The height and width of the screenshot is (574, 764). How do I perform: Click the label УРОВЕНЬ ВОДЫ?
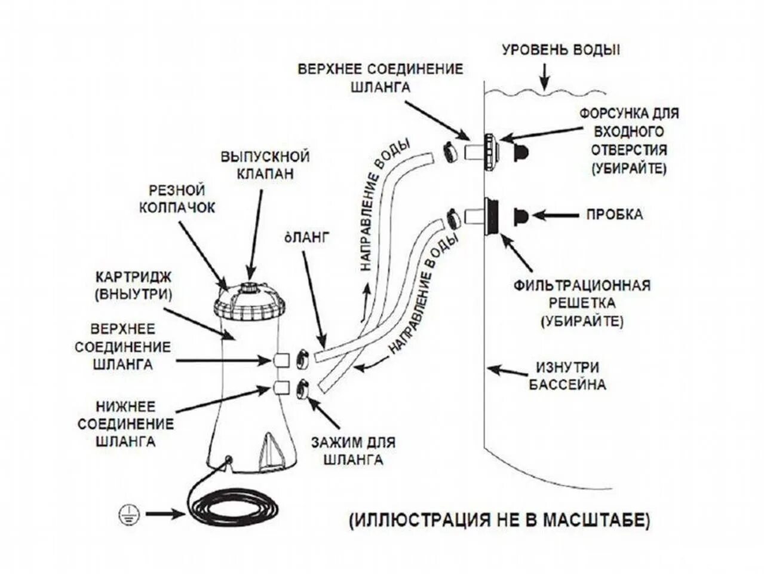[560, 50]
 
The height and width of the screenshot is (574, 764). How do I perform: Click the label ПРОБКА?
[614, 214]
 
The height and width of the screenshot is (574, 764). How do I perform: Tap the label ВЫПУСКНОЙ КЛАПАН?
[265, 165]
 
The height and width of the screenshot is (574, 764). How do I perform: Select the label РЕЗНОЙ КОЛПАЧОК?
[177, 199]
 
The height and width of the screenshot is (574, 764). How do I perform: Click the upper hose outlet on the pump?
[281, 360]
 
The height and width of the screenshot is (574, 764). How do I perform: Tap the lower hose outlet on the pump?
[281, 387]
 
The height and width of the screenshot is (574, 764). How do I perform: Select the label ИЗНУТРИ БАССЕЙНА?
[567, 375]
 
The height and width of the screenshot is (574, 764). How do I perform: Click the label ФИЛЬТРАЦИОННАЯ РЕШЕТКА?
[582, 302]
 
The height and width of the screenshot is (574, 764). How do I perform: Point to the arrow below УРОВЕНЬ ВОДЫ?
[544, 77]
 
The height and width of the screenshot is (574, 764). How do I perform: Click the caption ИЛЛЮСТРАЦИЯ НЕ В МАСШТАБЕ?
[499, 520]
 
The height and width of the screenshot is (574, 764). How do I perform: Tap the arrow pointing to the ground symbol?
[165, 513]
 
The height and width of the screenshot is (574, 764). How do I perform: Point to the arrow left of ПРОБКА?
[557, 214]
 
